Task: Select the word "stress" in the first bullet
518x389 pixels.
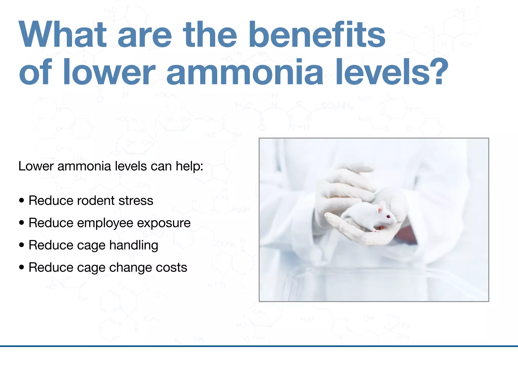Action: (x=136, y=201)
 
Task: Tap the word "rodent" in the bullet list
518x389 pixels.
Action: (x=96, y=201)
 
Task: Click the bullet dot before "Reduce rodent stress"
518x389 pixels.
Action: (x=22, y=200)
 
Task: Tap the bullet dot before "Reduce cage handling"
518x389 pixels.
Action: (x=22, y=245)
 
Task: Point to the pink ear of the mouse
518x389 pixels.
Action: (x=380, y=210)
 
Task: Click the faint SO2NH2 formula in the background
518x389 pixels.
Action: (x=337, y=106)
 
